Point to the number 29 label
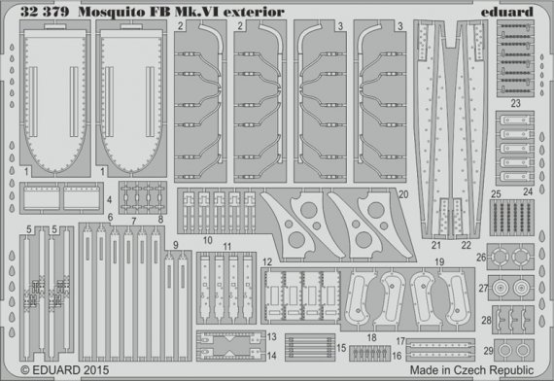coord(490,350)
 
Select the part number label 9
coord(175,244)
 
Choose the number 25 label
coord(495,194)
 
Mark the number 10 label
coord(207,239)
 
